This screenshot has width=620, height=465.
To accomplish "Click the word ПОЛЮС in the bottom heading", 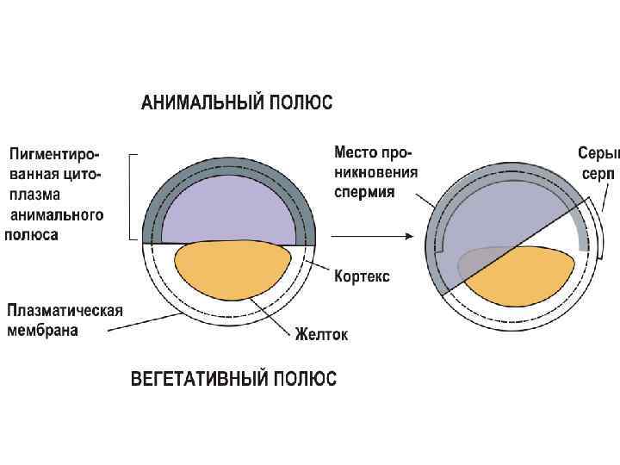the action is point(306,379).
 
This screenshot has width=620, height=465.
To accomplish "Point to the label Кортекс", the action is point(362,276).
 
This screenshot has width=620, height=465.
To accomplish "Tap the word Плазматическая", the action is point(65,311).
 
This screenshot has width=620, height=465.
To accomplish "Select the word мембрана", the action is point(43,330).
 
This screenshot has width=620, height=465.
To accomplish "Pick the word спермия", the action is point(364,191).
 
